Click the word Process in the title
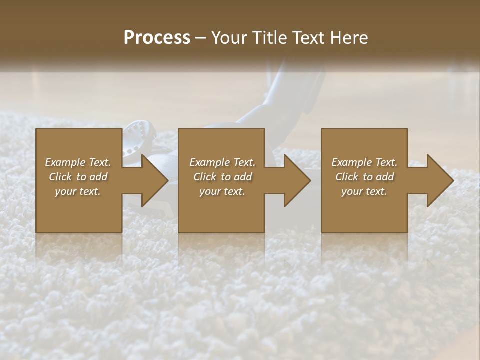click(x=157, y=37)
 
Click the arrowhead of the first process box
click(x=152, y=180)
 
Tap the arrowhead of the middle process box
click(x=295, y=180)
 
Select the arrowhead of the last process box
click(x=438, y=180)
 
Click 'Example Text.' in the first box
click(x=78, y=162)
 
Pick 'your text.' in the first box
click(x=78, y=191)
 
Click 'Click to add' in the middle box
click(x=222, y=177)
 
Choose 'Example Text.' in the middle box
click(x=222, y=162)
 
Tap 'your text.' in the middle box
click(x=222, y=191)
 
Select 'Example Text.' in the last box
click(x=364, y=162)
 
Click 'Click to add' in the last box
click(x=364, y=177)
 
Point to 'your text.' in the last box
click(x=364, y=191)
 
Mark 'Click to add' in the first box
click(x=78, y=177)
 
